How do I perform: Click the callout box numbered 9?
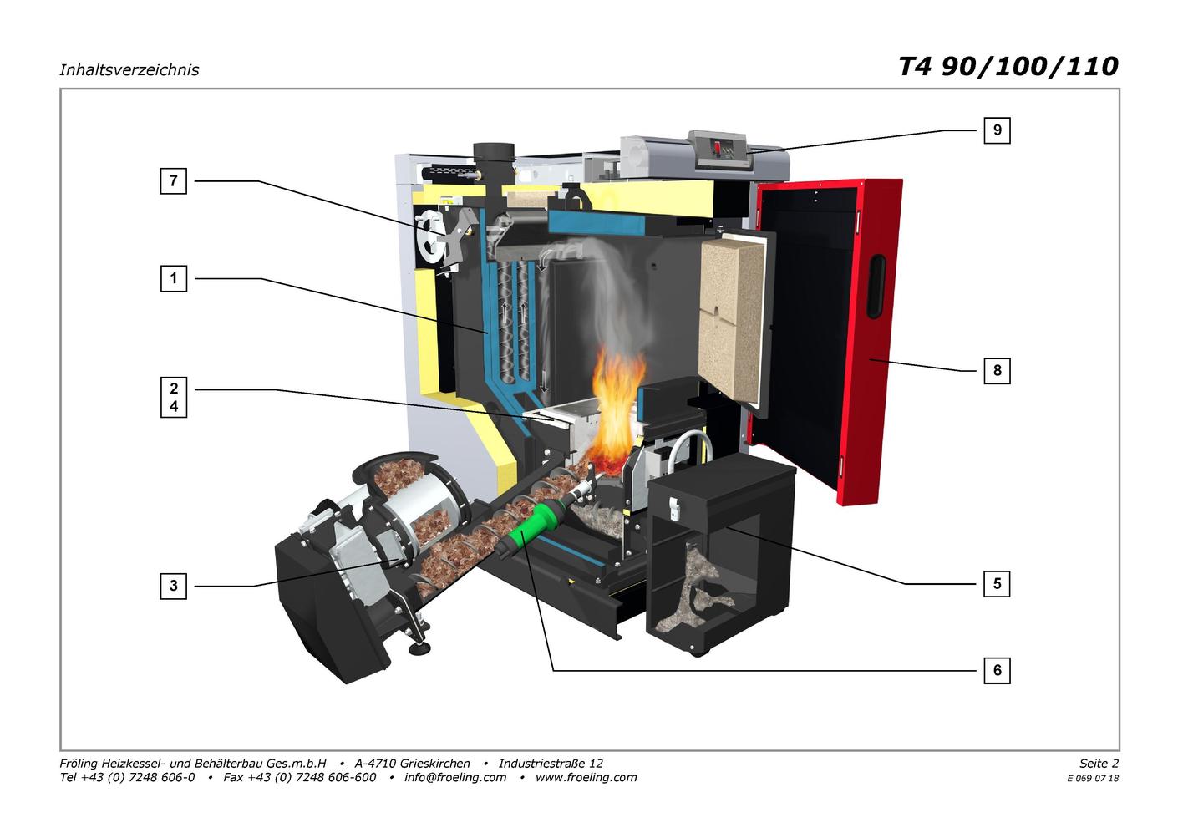click(x=997, y=130)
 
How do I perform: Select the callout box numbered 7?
click(x=174, y=181)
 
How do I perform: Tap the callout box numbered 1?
click(x=174, y=278)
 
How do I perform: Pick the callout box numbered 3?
click(x=174, y=586)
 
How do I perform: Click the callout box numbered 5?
click(x=997, y=584)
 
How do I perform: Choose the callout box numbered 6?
click(x=997, y=671)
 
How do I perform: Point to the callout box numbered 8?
click(x=997, y=371)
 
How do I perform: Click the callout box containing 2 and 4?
click(x=174, y=398)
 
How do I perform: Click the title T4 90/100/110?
click(x=1008, y=67)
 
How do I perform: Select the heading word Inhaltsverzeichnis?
click(x=129, y=70)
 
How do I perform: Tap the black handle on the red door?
click(x=876, y=287)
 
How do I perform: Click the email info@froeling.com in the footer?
click(x=455, y=777)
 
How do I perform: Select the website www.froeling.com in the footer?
click(x=586, y=777)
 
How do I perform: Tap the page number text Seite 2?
click(x=1099, y=763)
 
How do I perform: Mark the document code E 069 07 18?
click(x=1093, y=779)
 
